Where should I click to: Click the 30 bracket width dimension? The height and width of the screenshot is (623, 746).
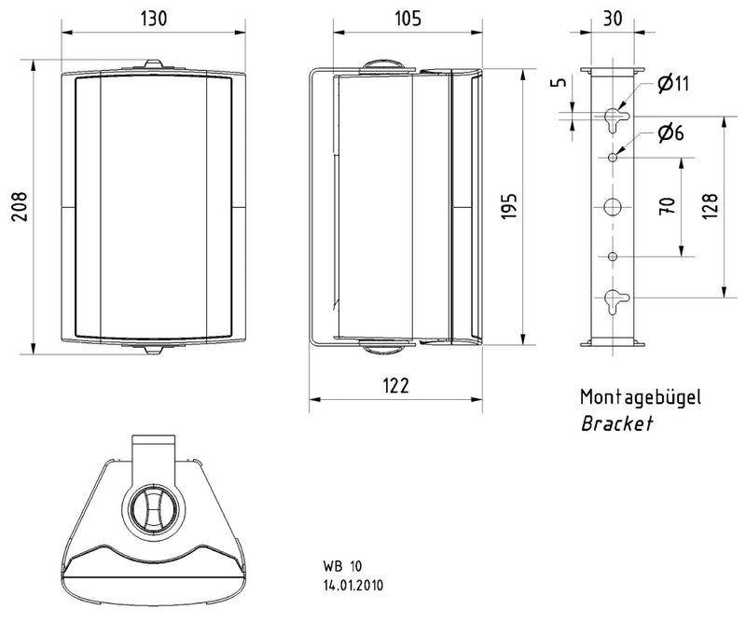point(613,19)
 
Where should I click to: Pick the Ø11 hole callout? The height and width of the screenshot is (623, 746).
point(672,85)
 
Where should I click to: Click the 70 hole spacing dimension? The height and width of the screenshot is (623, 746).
point(667,206)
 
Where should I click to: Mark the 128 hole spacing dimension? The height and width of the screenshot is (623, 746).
point(708,206)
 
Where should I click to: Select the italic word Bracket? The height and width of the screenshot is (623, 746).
point(616,423)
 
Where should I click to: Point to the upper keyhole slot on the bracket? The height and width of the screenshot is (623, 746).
point(613,117)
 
